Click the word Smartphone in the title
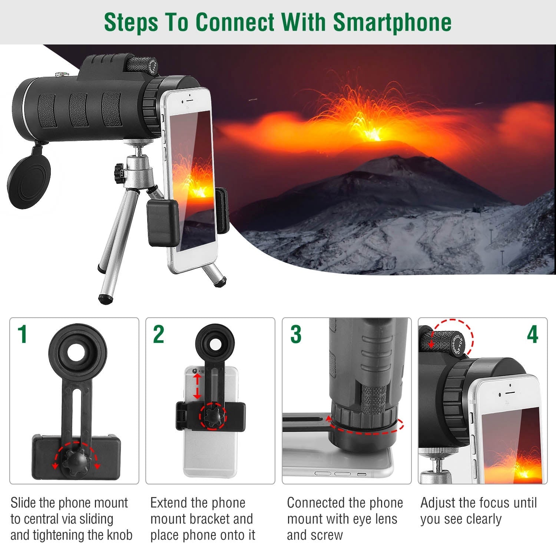[x=392, y=22]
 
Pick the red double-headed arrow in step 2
[x=198, y=386]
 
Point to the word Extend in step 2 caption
[x=166, y=503]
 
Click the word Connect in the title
[x=235, y=22]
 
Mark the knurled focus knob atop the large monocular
[x=141, y=64]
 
